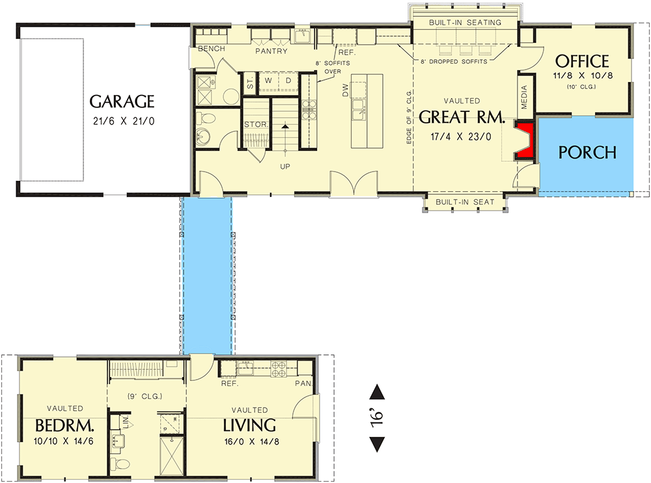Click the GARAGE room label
[x=122, y=101]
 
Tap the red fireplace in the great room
[x=525, y=140]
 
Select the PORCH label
[x=587, y=153]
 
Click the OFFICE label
[x=582, y=62]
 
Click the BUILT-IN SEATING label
[x=465, y=23]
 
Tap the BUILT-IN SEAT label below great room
[x=465, y=202]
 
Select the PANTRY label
[x=271, y=51]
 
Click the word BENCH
[x=211, y=49]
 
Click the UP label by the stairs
[x=284, y=166]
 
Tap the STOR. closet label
[x=253, y=124]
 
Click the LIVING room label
[x=249, y=426]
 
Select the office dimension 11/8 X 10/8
[x=582, y=76]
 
